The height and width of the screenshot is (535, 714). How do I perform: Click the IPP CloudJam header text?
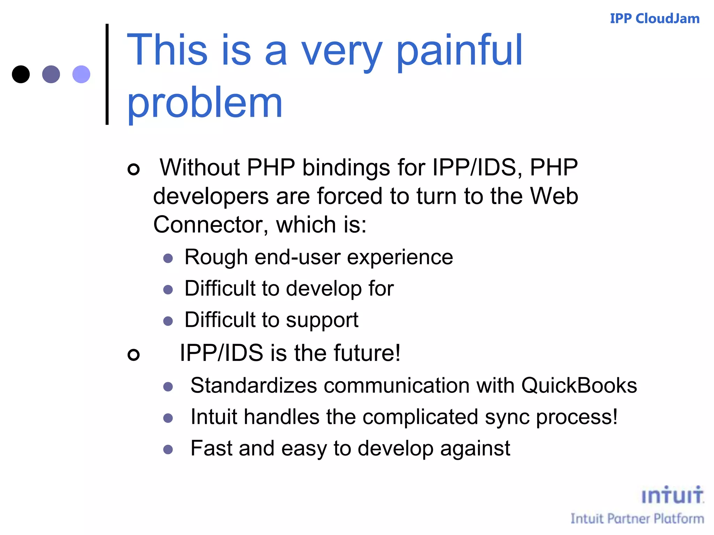click(x=654, y=18)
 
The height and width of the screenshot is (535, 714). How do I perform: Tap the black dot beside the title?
click(x=21, y=74)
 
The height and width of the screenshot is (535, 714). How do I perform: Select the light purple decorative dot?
click(x=81, y=74)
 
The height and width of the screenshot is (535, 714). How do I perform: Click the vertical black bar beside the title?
click(x=107, y=74)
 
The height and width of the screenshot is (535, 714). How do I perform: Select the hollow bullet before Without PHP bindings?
click(x=134, y=169)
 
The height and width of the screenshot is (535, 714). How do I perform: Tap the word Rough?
click(x=216, y=257)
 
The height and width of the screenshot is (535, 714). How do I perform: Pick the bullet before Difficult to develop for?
click(x=168, y=289)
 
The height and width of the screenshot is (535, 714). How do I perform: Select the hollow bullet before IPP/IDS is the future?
click(x=134, y=355)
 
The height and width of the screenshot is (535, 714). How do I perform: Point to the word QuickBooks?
click(x=579, y=386)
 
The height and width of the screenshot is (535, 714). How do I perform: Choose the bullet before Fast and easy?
click(x=168, y=449)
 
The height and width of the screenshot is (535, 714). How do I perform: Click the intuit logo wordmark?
click(x=672, y=495)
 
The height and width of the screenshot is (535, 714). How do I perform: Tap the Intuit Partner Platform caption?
click(x=637, y=519)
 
